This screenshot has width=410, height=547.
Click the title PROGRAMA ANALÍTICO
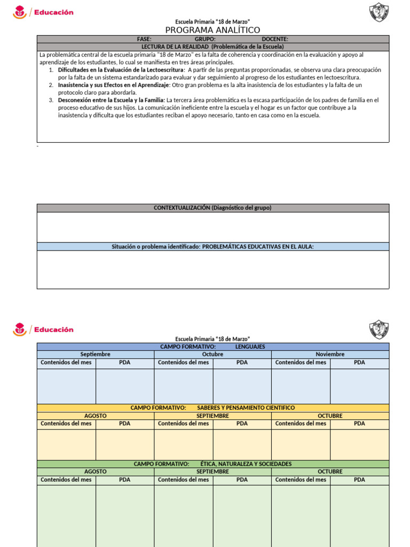tap(212, 30)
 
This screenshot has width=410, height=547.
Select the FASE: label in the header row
tap(144, 39)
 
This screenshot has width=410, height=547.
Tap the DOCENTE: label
tap(275, 39)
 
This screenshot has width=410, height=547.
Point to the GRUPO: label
tap(205, 39)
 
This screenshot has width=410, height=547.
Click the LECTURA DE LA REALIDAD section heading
tap(212, 47)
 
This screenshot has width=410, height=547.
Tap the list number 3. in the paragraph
tap(51, 100)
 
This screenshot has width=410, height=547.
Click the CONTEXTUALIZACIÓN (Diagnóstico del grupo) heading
tap(212, 208)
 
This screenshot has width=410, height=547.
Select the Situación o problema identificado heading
tap(212, 246)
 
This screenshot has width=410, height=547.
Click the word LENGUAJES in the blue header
tap(250, 347)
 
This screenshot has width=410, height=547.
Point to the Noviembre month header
tap(330, 354)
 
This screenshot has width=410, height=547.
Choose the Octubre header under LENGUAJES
tap(212, 354)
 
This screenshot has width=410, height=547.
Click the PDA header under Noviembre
tap(359, 362)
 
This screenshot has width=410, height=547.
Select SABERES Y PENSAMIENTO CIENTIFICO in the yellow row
tap(246, 408)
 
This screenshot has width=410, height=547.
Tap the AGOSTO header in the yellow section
tap(96, 416)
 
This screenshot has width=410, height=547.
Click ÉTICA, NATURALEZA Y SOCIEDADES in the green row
tap(246, 464)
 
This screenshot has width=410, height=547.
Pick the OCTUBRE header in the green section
tap(330, 472)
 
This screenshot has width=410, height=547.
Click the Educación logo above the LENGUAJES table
tap(43, 330)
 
